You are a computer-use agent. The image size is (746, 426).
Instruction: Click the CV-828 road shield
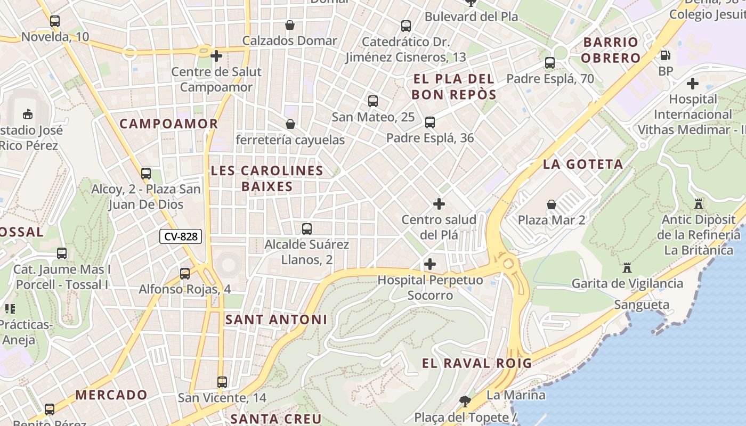181,236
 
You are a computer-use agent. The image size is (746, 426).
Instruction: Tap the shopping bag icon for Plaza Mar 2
552,204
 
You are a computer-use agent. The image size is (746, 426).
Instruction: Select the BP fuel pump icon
665,55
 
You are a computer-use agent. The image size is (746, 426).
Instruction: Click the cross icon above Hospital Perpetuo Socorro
430,264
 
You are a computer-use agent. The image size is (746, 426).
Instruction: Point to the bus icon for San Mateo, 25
373,101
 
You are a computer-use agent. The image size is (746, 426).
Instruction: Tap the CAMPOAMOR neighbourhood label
169,124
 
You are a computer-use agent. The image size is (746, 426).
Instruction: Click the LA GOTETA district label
583,165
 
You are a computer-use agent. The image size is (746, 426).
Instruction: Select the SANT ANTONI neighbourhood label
276,319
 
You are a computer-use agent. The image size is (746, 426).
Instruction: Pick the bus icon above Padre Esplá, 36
430,122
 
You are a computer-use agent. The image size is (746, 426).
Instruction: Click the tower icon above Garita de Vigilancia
627,268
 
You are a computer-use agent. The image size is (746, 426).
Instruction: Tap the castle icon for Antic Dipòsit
699,203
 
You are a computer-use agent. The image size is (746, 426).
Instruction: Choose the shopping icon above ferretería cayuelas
290,125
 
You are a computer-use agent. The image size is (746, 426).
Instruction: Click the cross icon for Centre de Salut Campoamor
216,56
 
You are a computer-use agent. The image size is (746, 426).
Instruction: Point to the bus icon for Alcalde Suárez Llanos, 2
307,229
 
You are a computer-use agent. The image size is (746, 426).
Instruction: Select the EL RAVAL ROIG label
477,364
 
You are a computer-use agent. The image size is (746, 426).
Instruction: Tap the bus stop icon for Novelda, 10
55,22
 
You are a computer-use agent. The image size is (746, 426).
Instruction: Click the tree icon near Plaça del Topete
465,401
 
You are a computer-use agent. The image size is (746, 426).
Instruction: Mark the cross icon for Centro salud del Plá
439,204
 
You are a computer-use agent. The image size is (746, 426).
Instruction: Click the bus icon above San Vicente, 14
222,382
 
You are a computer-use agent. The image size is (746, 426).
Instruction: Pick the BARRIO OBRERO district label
611,50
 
